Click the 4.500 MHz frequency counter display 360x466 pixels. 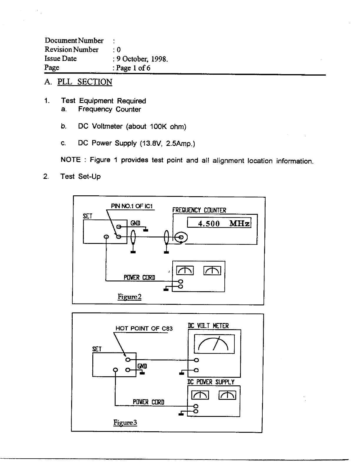point(219,223)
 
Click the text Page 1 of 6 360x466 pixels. point(133,68)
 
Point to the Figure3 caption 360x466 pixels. point(125,423)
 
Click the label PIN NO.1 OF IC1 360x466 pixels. point(132,206)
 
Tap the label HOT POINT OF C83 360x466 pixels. point(144,328)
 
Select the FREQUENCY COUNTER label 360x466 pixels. point(199,210)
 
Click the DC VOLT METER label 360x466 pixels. point(208,326)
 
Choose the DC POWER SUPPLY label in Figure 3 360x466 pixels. point(211,382)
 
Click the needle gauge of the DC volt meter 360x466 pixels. point(214,344)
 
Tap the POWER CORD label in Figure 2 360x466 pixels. point(139,277)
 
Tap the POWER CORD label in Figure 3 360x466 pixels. point(149,402)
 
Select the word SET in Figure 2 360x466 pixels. point(88,216)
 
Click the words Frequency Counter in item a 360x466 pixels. point(109,109)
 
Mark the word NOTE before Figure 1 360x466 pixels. point(70,160)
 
